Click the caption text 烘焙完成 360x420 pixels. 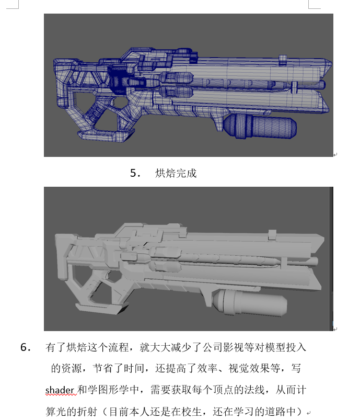coord(176,173)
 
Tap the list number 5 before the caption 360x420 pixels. coord(135,173)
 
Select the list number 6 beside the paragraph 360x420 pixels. coord(26,347)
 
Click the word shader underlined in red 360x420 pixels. coord(60,390)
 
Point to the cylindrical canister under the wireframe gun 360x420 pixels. coord(260,126)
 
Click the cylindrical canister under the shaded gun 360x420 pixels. coord(250,303)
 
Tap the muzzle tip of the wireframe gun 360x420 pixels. coord(331,64)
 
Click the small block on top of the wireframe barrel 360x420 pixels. coord(283,60)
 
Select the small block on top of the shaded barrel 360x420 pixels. coord(272,234)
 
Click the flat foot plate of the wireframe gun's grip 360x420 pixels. coord(106,135)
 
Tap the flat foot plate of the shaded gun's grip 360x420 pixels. coord(102,308)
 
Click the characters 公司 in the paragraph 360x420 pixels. coord(213,347)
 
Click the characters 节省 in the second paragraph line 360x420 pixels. coord(103,369)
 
